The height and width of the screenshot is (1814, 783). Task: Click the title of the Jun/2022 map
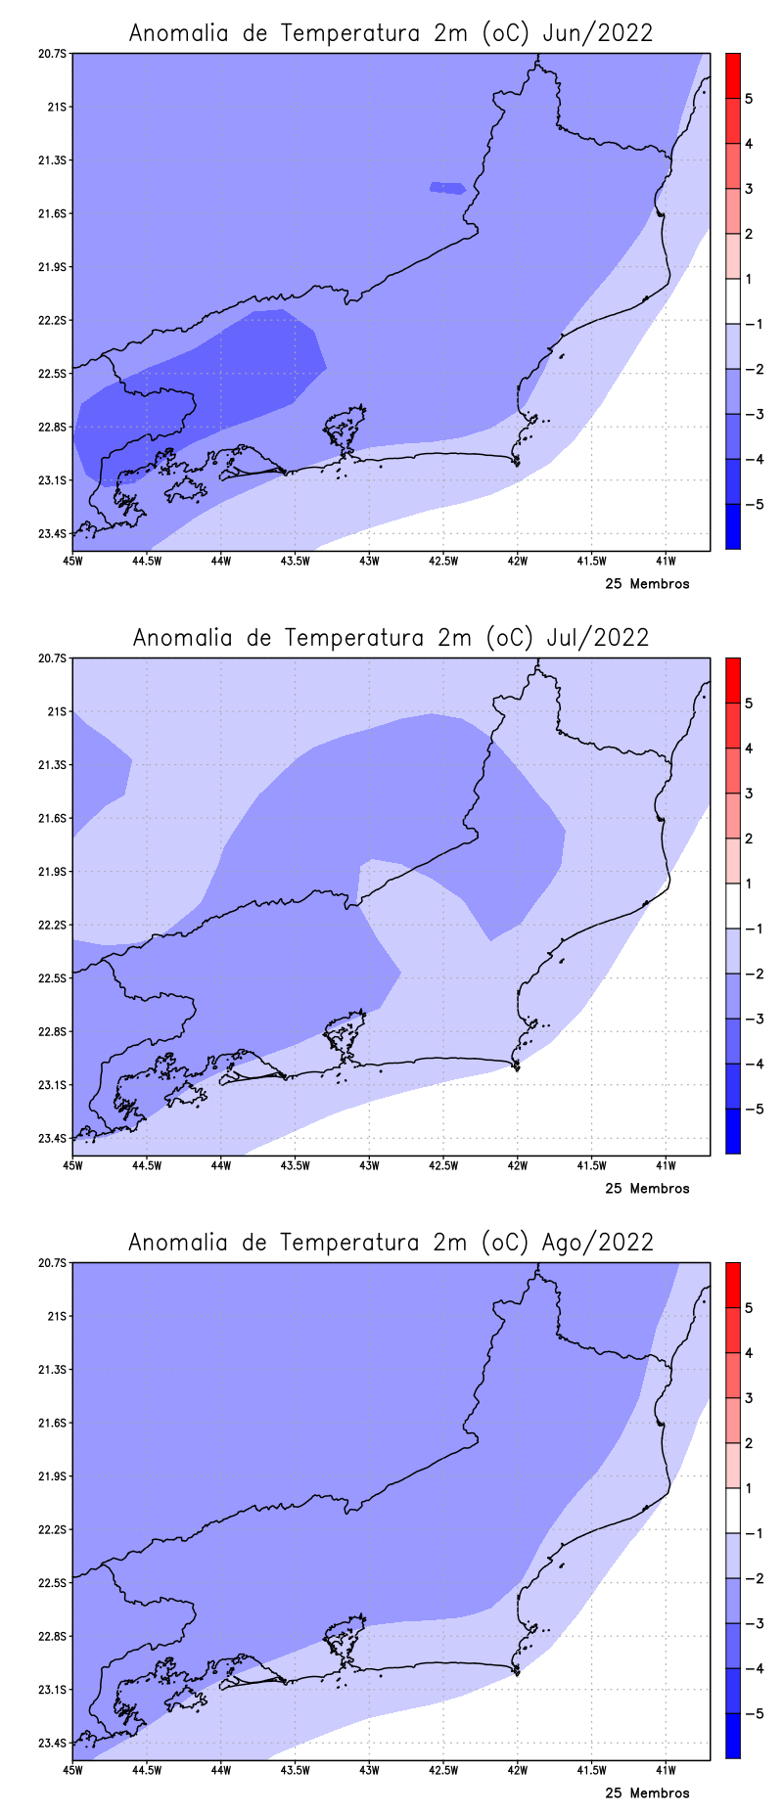391,33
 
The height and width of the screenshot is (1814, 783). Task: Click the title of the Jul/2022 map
391,638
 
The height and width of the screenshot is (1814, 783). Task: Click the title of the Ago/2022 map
391,1243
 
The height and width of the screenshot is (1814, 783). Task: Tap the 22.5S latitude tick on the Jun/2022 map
52,374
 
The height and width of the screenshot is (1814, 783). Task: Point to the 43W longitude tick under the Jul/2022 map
369,1165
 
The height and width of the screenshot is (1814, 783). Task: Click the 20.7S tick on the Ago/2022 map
52,1263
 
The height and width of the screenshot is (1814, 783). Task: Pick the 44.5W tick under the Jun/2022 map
147,561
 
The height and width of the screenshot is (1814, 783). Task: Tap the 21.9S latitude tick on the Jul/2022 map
52,872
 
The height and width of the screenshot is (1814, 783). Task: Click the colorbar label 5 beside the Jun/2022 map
749,99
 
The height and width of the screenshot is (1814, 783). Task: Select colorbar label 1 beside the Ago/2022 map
749,1489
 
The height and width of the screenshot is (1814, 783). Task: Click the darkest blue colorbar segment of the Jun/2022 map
732,526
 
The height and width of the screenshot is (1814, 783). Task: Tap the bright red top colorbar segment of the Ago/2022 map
732,1285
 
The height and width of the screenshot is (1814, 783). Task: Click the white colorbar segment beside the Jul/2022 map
732,906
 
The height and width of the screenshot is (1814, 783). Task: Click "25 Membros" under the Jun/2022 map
647,584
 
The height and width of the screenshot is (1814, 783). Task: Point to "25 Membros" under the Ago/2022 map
647,1793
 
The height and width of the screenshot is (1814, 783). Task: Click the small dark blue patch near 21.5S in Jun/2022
447,187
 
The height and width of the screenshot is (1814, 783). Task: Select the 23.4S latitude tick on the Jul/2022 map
52,1138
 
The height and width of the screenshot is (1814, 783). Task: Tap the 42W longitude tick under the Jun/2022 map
517,561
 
